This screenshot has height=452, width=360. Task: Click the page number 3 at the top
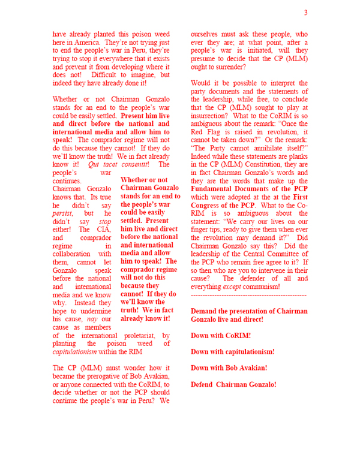coord(305,13)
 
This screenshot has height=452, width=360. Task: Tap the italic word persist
coord(62,213)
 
